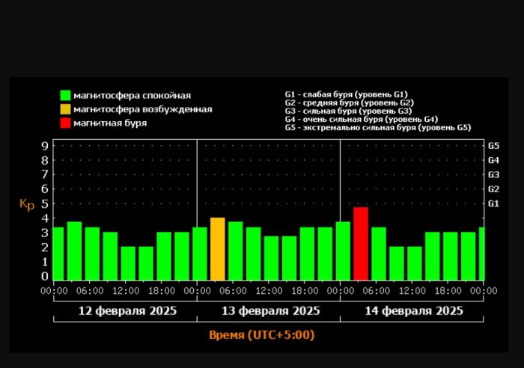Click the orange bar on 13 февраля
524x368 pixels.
[217, 248]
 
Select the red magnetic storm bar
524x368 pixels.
[361, 243]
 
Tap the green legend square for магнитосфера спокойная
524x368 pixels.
[65, 96]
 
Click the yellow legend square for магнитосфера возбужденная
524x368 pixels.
[65, 109]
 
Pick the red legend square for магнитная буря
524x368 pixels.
[65, 123]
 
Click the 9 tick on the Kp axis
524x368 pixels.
[44, 146]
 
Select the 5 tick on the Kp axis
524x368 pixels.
[44, 203]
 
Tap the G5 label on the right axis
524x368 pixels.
[493, 146]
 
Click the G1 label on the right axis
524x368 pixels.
[493, 203]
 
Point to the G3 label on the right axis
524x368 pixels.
[493, 174]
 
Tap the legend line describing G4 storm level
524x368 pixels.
[362, 119]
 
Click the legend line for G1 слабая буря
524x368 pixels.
[345, 93]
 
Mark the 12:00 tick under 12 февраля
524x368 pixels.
[125, 290]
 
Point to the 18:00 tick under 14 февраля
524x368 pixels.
[448, 290]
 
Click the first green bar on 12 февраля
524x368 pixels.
[58, 253]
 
